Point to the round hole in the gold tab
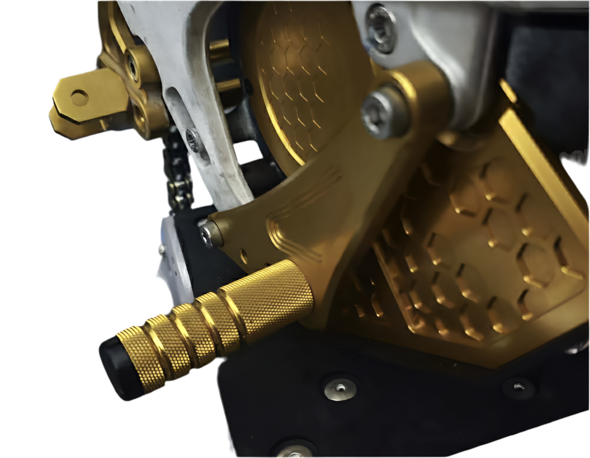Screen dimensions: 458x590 coord(79,97)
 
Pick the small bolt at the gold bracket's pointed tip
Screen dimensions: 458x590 coord(209,234)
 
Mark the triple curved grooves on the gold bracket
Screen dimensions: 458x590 coord(305,213)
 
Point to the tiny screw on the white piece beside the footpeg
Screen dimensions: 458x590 coord(162,248)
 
